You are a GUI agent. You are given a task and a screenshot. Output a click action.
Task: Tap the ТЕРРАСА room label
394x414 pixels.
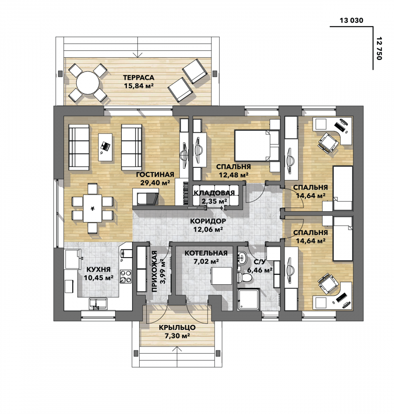[x=138, y=78]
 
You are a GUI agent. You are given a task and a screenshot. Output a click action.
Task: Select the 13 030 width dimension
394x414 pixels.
[x=351, y=20]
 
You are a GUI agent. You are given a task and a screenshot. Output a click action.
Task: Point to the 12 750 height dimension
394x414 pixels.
[x=379, y=48]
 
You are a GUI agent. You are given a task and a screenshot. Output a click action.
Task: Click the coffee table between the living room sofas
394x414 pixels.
[x=106, y=147]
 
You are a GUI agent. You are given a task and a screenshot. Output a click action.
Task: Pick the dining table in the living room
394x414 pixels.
[x=93, y=208]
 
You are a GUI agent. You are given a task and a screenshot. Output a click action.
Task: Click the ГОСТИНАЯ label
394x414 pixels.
[x=155, y=174]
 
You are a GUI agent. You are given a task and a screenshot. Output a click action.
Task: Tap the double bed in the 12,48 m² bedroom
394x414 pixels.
[x=257, y=145]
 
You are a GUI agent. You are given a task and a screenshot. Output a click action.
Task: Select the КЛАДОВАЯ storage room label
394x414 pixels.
[x=214, y=193]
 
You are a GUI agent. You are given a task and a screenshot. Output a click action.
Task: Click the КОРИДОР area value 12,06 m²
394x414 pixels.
[x=208, y=229]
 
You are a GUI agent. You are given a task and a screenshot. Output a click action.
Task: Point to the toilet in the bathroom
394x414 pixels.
[x=244, y=277]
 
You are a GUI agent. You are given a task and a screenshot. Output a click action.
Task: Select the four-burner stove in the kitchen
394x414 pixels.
[x=125, y=276]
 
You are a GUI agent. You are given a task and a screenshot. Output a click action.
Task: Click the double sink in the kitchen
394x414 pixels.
[x=98, y=303]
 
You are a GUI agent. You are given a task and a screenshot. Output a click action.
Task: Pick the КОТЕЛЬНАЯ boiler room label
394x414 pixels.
[x=206, y=253]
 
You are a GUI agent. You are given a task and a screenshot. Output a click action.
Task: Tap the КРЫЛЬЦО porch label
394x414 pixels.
[x=177, y=327]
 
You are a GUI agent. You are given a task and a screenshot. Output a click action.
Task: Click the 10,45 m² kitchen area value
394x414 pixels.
[x=98, y=278]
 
